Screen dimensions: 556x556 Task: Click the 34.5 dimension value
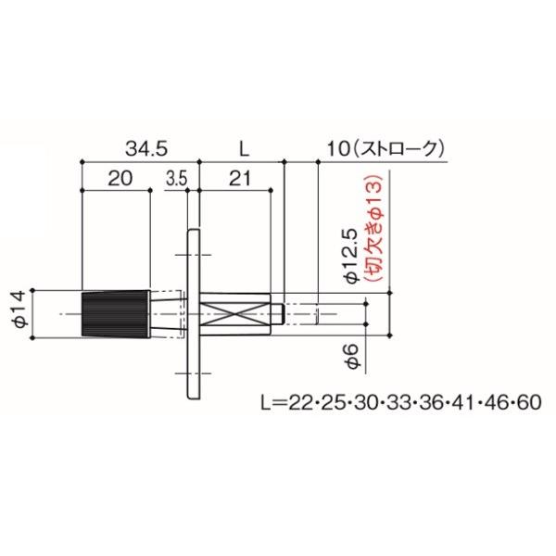tap(146, 149)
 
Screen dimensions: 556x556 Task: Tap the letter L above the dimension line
tap(244, 149)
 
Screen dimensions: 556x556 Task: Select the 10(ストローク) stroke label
tap(385, 149)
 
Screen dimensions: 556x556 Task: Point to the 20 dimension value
tap(120, 178)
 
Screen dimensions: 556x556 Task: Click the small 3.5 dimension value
tap(177, 179)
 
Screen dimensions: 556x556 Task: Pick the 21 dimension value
tap(240, 178)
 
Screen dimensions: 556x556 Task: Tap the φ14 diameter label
tap(19, 309)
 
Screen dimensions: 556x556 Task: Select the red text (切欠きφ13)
tap(374, 228)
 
